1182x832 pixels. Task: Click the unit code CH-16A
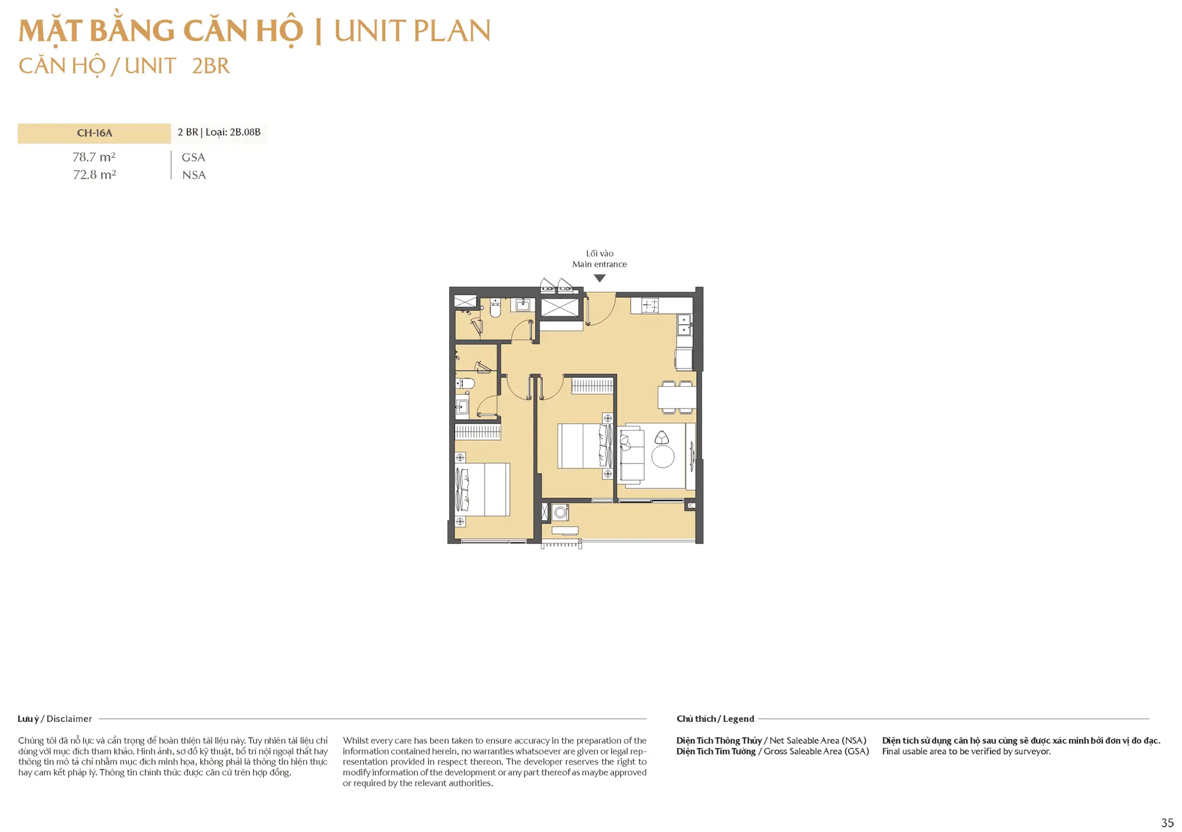click(95, 133)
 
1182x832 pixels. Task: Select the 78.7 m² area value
click(94, 157)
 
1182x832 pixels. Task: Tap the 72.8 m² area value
click(95, 175)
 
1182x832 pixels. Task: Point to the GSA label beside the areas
click(193, 157)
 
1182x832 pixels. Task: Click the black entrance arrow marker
click(600, 278)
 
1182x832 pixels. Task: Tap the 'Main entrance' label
click(599, 264)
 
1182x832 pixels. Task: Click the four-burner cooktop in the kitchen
click(650, 305)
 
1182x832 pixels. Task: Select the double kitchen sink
click(684, 325)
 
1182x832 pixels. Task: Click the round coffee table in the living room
click(663, 457)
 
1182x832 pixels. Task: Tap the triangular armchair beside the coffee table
click(662, 438)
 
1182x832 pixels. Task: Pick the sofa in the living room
click(631, 456)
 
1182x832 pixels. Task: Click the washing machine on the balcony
click(560, 513)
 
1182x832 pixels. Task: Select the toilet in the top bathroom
click(495, 308)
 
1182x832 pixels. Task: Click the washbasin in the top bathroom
click(522, 305)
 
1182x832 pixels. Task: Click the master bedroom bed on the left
click(482, 490)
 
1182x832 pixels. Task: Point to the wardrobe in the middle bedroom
click(592, 386)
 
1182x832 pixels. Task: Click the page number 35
click(1167, 823)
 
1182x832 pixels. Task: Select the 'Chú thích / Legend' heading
click(715, 719)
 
